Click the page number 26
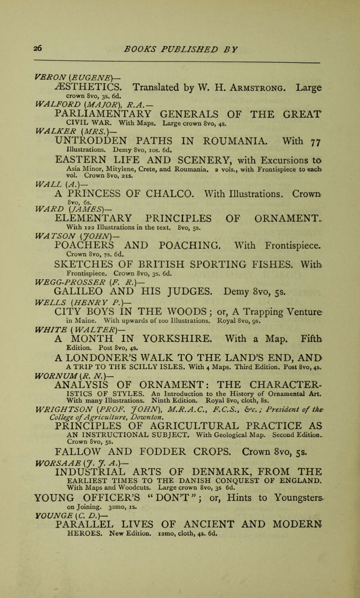point(18,35)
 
